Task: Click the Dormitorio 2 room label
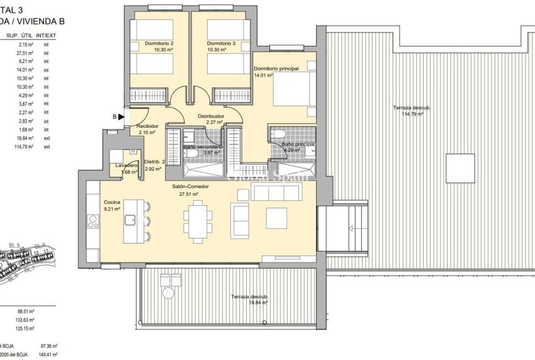point(159,43)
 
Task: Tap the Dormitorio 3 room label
point(221,43)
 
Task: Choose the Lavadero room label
point(126,166)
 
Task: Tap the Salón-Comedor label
point(189,187)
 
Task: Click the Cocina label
point(113,203)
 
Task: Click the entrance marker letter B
point(115,116)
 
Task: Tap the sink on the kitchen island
point(132,220)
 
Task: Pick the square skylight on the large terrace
point(460,168)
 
